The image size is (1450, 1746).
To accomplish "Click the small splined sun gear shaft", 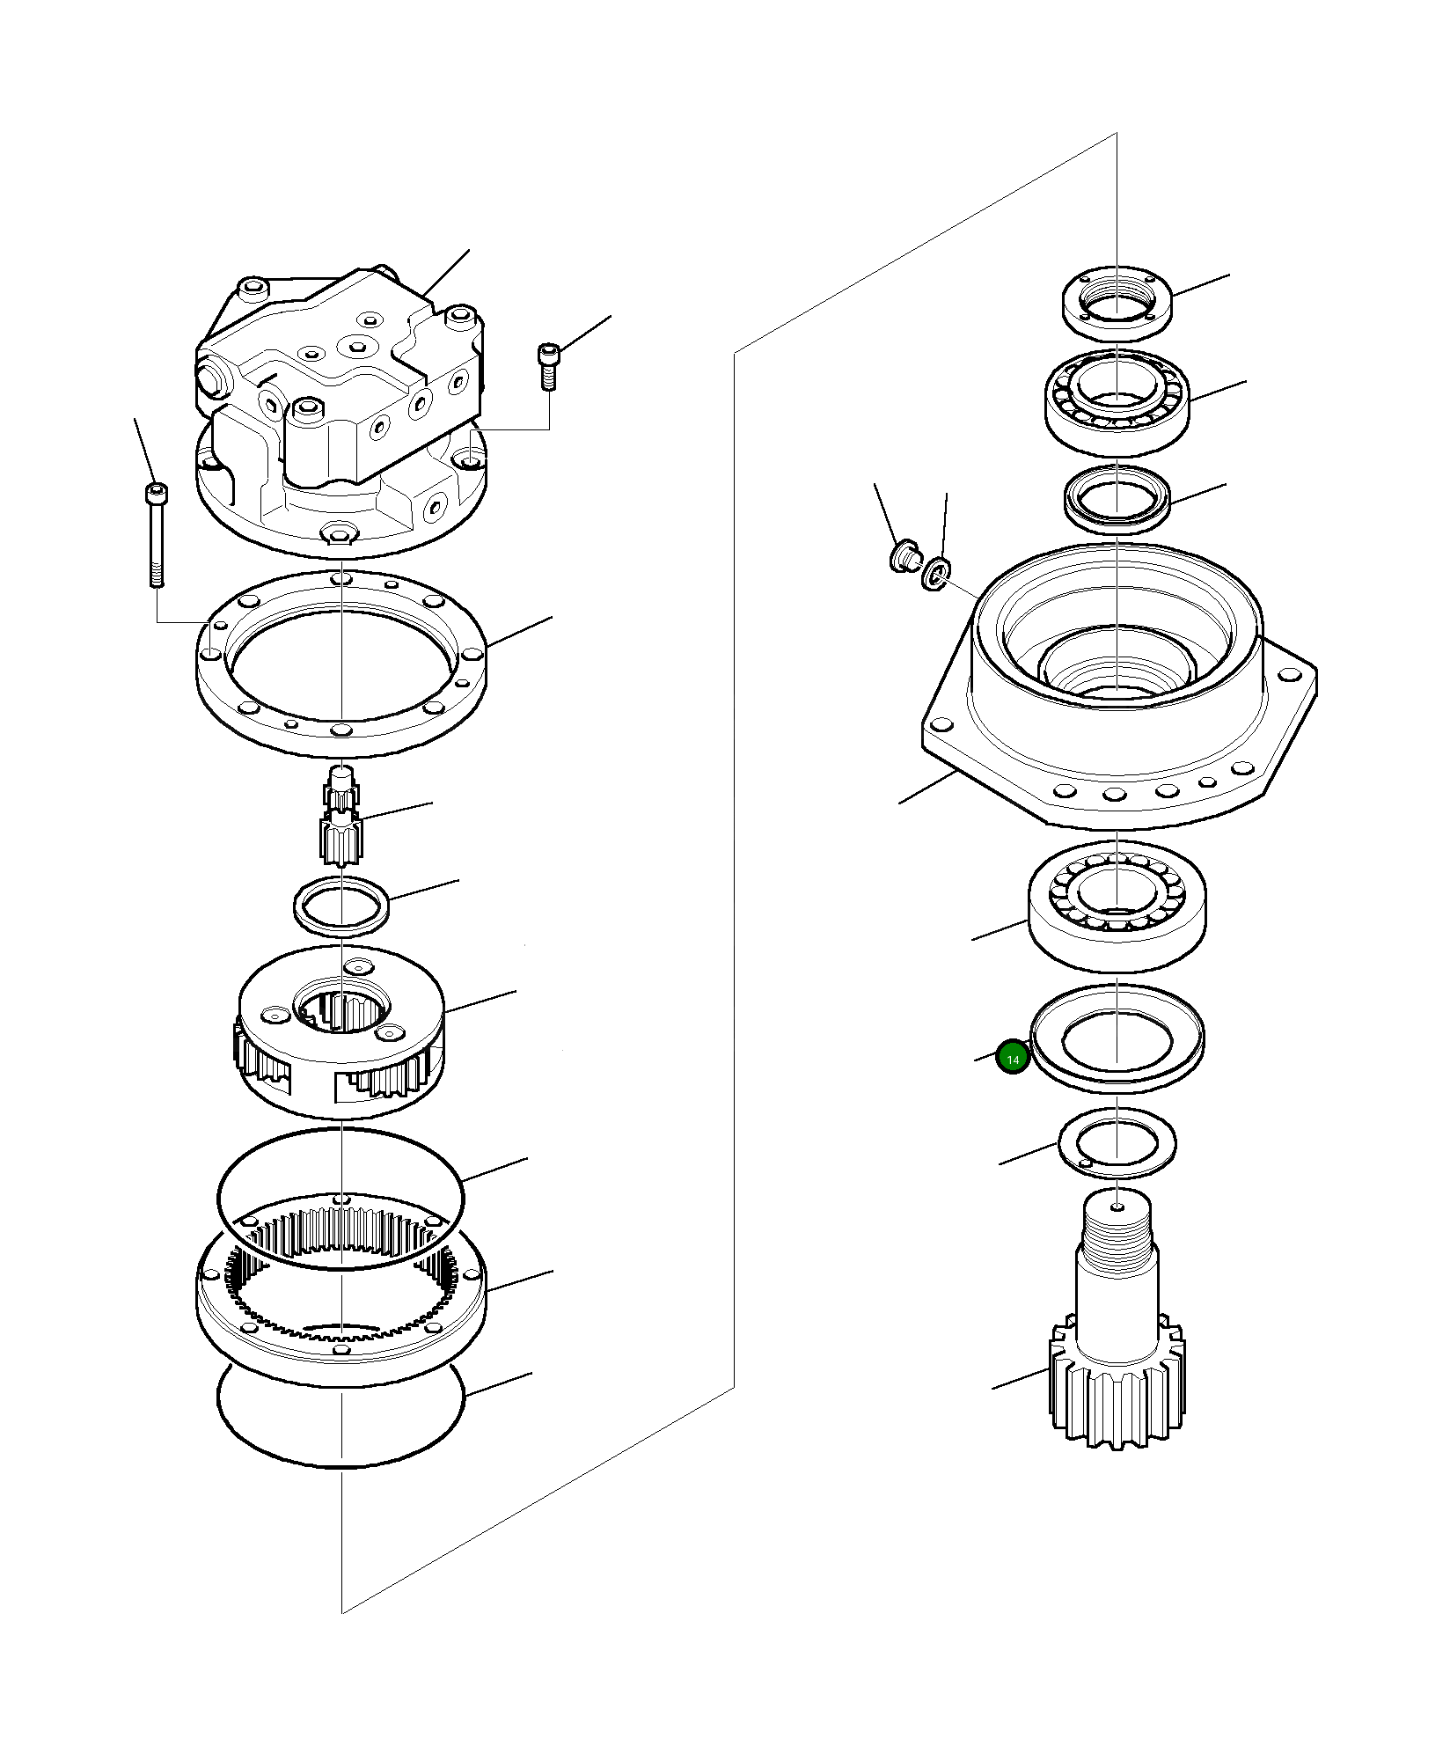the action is point(340,815).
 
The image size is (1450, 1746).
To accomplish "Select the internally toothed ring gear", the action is point(341,1301).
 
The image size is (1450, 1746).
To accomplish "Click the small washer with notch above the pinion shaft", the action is point(1117,1142).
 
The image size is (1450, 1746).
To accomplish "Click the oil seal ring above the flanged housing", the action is point(1117,500).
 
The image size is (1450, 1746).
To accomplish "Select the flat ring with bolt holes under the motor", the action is point(340,663).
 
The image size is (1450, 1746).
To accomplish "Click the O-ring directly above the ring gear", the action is point(340,1199).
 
